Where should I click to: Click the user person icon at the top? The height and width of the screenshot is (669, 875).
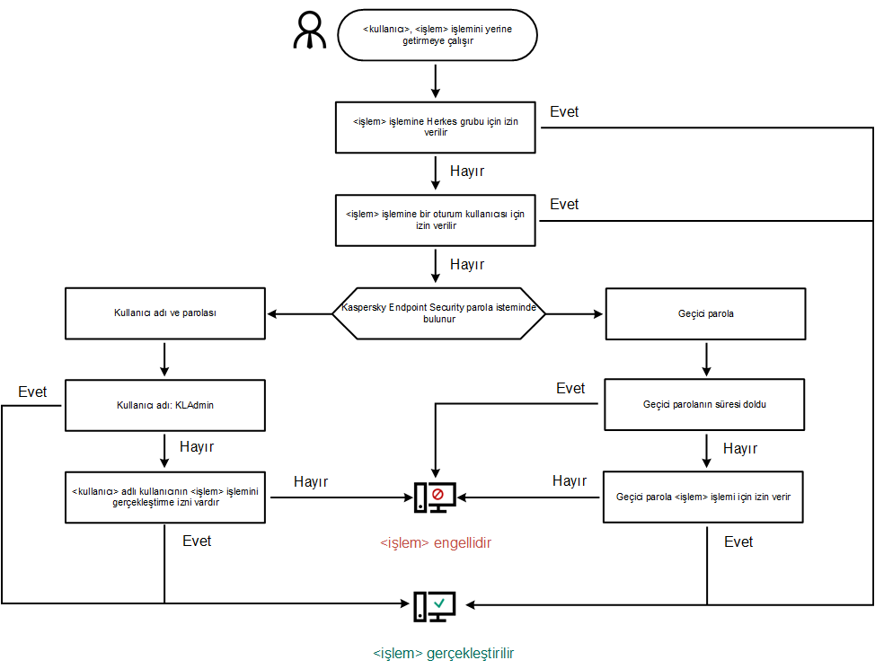310,31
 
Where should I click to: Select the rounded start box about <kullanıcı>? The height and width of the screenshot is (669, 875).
437,35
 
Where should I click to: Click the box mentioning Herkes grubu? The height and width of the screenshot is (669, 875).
437,127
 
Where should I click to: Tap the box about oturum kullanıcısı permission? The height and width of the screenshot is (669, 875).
437,220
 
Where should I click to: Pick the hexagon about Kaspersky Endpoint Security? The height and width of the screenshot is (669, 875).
439,313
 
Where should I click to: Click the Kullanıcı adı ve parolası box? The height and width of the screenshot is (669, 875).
165,313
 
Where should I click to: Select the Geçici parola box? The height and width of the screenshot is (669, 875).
704,313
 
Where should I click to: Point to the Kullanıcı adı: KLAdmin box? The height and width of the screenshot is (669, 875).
165,405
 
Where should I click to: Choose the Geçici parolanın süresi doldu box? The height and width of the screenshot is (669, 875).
704,404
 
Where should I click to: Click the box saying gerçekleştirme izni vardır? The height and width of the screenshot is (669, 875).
165,497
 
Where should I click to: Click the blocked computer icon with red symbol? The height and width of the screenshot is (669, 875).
435,497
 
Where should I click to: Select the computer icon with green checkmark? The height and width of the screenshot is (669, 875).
435,606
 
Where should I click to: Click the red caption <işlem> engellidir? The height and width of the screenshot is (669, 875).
436,543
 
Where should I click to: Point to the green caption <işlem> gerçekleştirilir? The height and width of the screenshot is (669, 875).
444,653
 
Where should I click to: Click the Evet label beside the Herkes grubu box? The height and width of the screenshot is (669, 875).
564,112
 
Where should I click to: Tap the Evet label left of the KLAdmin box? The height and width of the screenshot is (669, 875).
32,392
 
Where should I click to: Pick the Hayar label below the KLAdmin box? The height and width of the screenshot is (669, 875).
197,446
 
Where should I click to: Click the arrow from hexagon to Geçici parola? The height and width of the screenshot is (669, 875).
575,314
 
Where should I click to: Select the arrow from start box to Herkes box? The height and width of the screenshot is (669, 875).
437,81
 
